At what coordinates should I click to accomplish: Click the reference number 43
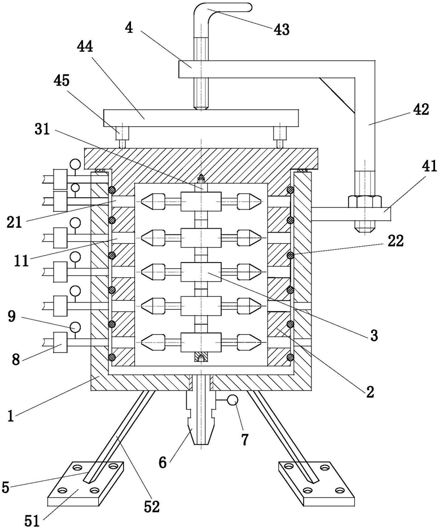pyautogui.click(x=282, y=29)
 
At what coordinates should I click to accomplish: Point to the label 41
pyautogui.click(x=429, y=166)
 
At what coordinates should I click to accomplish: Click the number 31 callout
pyautogui.click(x=42, y=129)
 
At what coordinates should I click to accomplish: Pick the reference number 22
pyautogui.click(x=396, y=241)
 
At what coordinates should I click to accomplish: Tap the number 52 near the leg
pyautogui.click(x=151, y=506)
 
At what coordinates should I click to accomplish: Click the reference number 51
pyautogui.click(x=33, y=521)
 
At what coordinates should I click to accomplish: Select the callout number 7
pyautogui.click(x=244, y=439)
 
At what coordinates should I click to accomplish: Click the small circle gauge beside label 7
pyautogui.click(x=232, y=400)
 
